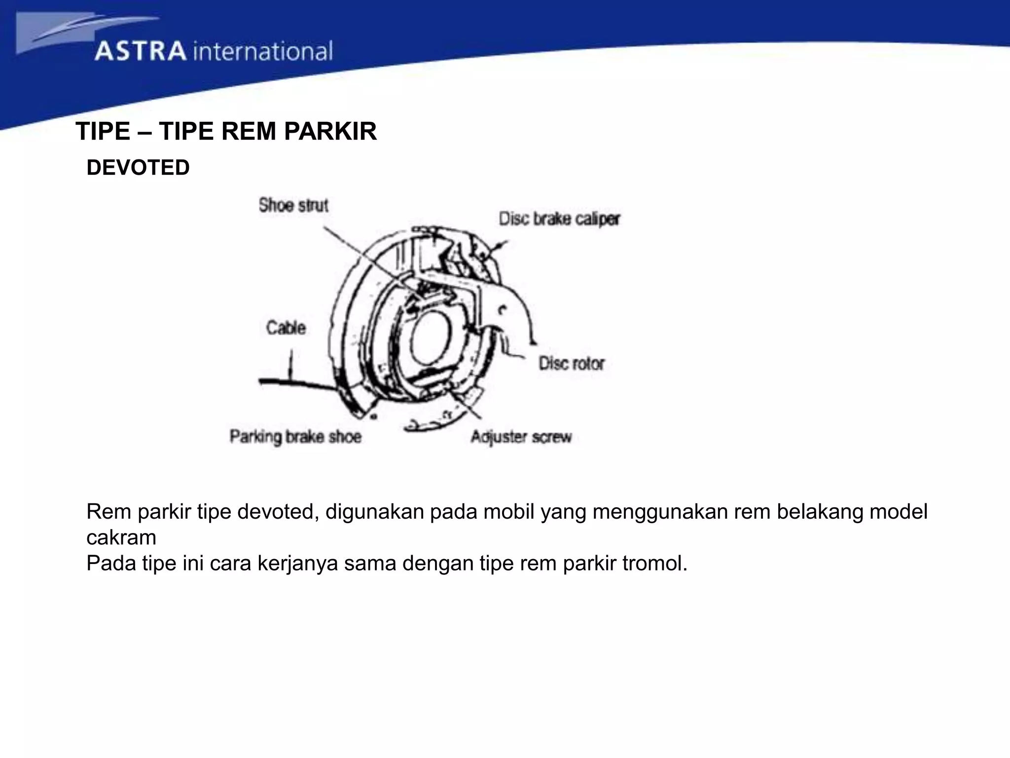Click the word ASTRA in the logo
click(x=141, y=51)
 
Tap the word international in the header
click(x=263, y=51)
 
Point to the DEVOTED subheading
click(x=138, y=168)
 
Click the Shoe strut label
click(x=293, y=205)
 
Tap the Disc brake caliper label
click(x=559, y=219)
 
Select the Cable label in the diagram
click(x=286, y=328)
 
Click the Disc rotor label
click(x=571, y=364)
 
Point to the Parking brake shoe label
click(x=295, y=437)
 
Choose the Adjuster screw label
click(x=521, y=437)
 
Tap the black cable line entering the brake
click(x=296, y=382)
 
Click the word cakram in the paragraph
click(x=121, y=537)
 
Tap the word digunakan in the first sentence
click(x=375, y=512)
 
